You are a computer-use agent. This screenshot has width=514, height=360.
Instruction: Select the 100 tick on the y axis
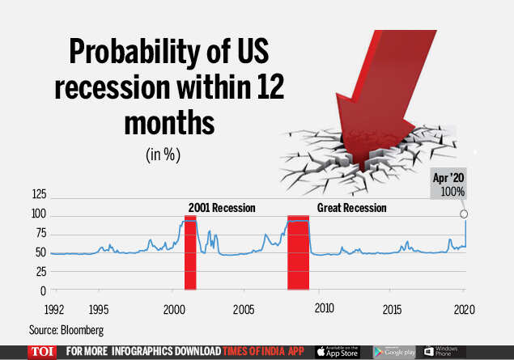[x=38, y=214]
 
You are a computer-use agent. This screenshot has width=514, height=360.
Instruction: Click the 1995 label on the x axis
[x=100, y=310]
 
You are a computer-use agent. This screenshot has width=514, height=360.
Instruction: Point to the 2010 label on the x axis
[x=324, y=310]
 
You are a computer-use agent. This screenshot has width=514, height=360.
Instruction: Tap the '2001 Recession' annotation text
[x=222, y=208]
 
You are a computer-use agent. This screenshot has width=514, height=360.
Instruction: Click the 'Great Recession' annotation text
[x=352, y=208]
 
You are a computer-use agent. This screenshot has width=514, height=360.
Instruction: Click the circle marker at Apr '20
[x=464, y=214]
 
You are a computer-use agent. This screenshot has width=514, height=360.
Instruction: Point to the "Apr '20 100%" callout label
[x=452, y=185]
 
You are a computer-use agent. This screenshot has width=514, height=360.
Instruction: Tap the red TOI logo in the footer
[x=41, y=352]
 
